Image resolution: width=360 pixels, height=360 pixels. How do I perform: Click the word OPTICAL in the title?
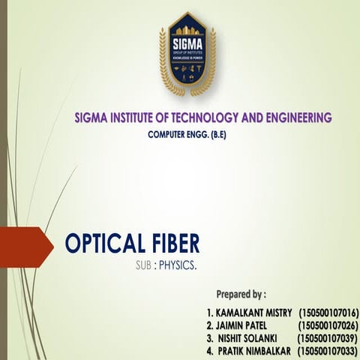(x=103, y=244)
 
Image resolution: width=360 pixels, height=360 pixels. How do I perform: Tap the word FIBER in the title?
(x=173, y=244)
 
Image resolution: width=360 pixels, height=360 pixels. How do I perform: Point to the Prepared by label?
(x=240, y=293)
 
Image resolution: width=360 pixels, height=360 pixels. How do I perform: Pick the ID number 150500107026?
(x=328, y=325)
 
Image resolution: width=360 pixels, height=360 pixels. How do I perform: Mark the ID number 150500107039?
(x=328, y=338)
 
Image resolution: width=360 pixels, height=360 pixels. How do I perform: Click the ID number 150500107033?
(x=328, y=351)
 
